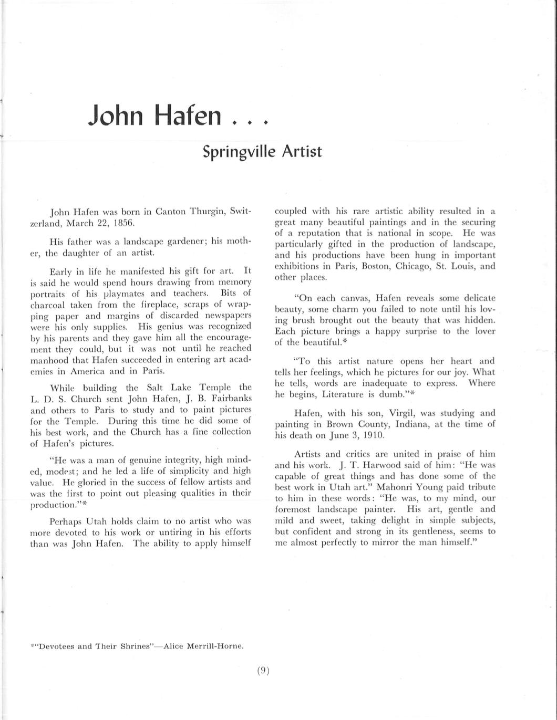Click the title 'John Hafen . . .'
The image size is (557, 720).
coord(179,116)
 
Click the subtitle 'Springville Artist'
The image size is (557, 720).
coord(262,151)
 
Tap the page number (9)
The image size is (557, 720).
coord(263,671)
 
